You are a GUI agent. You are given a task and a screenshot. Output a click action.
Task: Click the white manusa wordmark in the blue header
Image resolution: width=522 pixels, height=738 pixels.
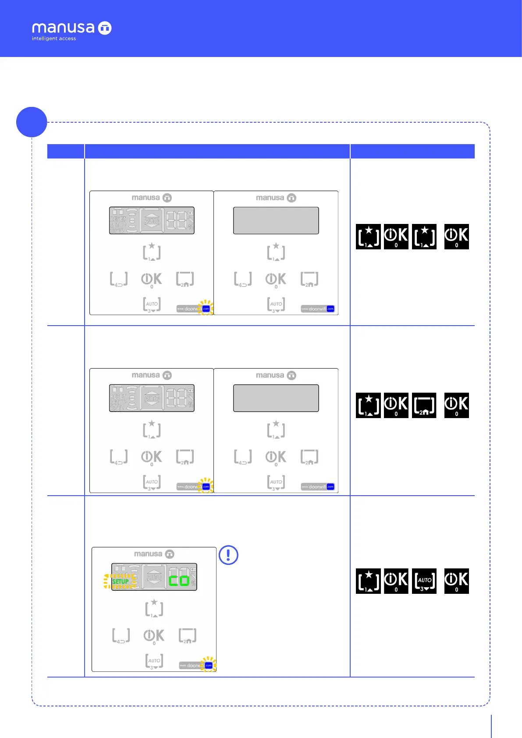point(63,28)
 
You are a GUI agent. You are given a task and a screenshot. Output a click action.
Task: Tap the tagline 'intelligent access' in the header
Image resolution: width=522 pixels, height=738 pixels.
point(54,39)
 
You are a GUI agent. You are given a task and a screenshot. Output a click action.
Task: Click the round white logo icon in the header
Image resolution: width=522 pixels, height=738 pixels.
point(105,28)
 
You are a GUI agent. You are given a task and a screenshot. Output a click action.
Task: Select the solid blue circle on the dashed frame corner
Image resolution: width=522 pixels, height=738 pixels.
point(32,122)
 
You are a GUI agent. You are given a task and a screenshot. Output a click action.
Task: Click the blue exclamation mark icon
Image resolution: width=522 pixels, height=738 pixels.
point(228,555)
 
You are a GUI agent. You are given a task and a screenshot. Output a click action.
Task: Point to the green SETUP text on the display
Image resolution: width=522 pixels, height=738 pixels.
point(120,581)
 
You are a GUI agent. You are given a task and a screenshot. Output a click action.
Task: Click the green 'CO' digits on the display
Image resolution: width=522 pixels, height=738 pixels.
point(179,581)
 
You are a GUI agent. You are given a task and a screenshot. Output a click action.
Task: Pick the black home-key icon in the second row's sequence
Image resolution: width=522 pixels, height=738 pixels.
point(424,405)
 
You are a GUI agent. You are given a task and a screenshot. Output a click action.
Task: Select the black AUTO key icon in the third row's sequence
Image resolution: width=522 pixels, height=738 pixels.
point(425,582)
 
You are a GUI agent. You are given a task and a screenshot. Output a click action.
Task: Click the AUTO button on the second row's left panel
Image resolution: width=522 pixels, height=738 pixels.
point(152,483)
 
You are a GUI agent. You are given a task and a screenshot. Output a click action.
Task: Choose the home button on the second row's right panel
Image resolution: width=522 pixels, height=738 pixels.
point(309,457)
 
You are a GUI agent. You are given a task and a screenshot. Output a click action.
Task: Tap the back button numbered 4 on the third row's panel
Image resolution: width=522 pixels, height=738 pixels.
point(121,636)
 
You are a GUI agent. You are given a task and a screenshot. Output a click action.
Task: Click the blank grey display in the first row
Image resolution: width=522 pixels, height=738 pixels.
point(276,220)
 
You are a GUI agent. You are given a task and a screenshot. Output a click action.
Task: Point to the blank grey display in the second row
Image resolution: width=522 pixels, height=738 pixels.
point(276,398)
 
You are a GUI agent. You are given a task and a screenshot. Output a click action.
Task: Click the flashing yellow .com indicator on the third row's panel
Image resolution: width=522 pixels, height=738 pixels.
point(209,665)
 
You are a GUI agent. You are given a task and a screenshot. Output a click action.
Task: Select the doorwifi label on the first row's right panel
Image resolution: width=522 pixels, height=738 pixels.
point(318,309)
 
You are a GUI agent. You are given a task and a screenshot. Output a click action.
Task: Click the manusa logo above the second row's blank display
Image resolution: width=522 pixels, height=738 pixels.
point(276,376)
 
